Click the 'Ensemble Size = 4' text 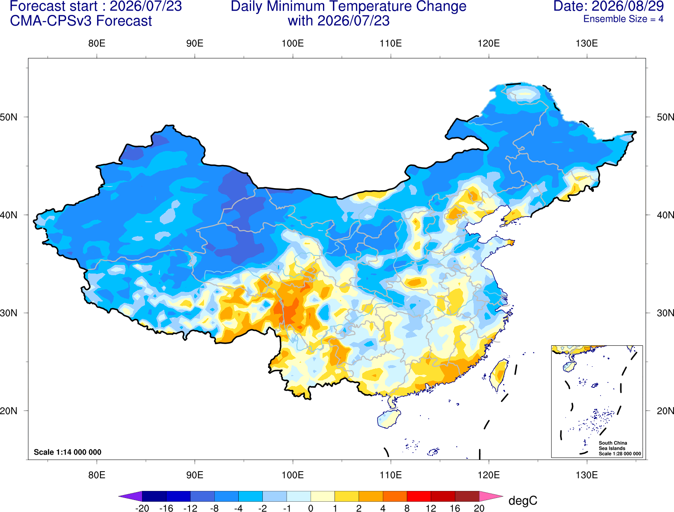click(623, 19)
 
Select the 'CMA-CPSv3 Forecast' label click(81, 21)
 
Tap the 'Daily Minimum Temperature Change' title click(349, 6)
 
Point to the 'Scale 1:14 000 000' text click(68, 452)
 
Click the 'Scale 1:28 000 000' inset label click(619, 454)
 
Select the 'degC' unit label click(523, 500)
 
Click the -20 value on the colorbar click(142, 508)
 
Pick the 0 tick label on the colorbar click(311, 508)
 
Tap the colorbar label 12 click(431, 508)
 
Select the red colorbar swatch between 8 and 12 click(419, 496)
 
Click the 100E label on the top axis click(293, 43)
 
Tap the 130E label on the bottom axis click(587, 475)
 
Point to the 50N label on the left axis click(9, 117)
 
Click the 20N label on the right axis click(665, 411)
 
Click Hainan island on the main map click(389, 418)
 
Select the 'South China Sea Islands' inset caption click(613, 446)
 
